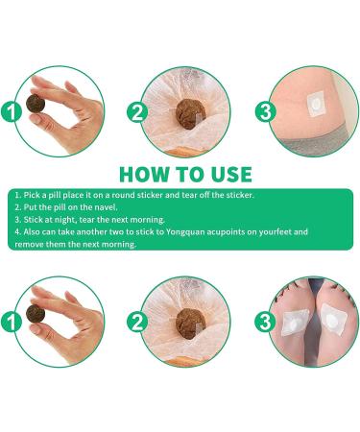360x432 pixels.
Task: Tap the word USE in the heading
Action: (231, 175)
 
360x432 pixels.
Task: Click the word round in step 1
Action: (124, 195)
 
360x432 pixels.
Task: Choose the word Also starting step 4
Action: (32, 231)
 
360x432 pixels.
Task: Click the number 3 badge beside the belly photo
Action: (265, 111)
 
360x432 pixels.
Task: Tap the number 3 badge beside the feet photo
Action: (265, 322)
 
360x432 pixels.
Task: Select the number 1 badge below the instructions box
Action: (11, 322)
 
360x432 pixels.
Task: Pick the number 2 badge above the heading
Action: (137, 111)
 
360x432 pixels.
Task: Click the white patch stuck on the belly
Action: (315, 103)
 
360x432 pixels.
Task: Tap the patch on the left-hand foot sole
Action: (294, 323)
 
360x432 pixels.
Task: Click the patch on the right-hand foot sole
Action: (333, 318)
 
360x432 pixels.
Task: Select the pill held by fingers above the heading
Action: (36, 104)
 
